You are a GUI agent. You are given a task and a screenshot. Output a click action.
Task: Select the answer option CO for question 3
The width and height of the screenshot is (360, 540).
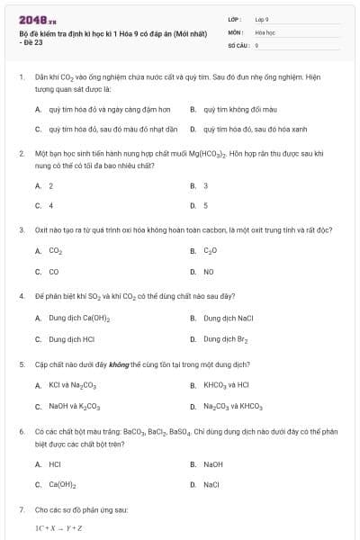[x=53, y=271]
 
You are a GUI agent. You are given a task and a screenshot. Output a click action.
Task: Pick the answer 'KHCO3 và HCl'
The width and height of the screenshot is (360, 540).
[x=226, y=385]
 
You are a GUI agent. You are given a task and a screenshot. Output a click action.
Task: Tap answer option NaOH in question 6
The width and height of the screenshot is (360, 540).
[x=212, y=464]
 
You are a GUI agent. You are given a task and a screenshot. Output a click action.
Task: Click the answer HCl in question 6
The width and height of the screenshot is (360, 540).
[x=54, y=464]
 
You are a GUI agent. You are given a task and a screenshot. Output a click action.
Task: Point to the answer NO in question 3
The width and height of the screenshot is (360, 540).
[x=208, y=271]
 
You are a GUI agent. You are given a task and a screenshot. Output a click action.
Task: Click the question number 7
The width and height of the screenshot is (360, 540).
[x=21, y=509]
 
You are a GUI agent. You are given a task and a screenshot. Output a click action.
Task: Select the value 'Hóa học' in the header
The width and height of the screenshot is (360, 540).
[x=265, y=31]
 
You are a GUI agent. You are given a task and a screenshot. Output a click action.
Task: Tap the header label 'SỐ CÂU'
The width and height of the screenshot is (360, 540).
[x=237, y=44]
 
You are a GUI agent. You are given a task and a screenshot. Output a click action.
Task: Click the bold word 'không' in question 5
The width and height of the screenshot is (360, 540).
[x=120, y=364]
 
